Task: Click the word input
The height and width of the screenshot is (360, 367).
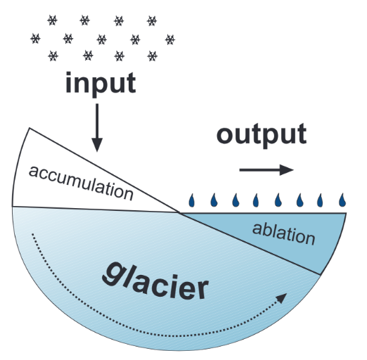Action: pos(101,84)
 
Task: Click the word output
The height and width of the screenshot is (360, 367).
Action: pos(262,135)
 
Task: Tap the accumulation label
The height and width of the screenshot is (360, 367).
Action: pos(81,183)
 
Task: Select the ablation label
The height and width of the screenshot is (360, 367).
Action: pos(283,234)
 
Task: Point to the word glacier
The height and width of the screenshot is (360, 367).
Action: pos(155,281)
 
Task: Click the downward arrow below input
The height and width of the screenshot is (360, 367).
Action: pos(97,128)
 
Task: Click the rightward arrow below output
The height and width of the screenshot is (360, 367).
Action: pos(266,169)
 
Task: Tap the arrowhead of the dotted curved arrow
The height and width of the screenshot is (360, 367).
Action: pos(282,297)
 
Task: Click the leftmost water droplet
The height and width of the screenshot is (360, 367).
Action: pos(192,200)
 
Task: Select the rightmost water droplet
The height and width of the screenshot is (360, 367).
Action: pos(342,200)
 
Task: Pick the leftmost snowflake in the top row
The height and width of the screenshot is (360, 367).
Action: pos(52,20)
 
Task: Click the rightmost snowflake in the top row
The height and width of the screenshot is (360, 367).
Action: pos(152,21)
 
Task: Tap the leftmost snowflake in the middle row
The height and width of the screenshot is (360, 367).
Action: pos(35,39)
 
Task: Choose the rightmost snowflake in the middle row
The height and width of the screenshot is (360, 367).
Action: pos(170,39)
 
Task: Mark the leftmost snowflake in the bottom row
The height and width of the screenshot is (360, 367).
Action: pos(53,56)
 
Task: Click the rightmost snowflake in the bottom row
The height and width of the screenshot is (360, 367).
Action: pos(153,56)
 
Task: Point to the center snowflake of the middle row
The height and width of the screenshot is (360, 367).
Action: pos(102,39)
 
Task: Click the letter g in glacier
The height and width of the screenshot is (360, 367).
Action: pos(112,274)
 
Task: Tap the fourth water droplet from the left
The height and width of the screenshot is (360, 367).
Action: pos(256,200)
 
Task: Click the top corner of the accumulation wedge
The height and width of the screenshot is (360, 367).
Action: pos(29,128)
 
